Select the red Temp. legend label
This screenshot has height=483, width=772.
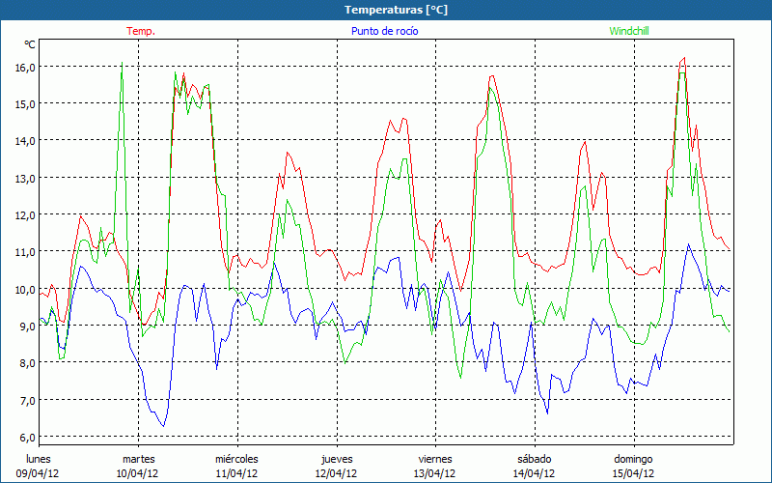click(x=141, y=31)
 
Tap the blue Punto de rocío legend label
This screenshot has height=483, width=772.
click(x=384, y=31)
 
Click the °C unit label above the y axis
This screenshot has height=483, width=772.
click(x=30, y=44)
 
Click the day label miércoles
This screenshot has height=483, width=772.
click(x=236, y=458)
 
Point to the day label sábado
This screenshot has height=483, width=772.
click(x=535, y=458)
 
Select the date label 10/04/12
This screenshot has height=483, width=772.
click(x=138, y=473)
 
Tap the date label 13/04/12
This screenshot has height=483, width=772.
click(x=435, y=473)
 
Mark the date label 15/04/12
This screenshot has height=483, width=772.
click(x=634, y=473)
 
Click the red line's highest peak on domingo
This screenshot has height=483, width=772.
click(x=683, y=58)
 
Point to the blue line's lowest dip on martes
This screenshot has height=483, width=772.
click(x=163, y=426)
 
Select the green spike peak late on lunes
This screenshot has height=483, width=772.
click(x=122, y=64)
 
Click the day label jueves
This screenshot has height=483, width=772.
click(x=336, y=458)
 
